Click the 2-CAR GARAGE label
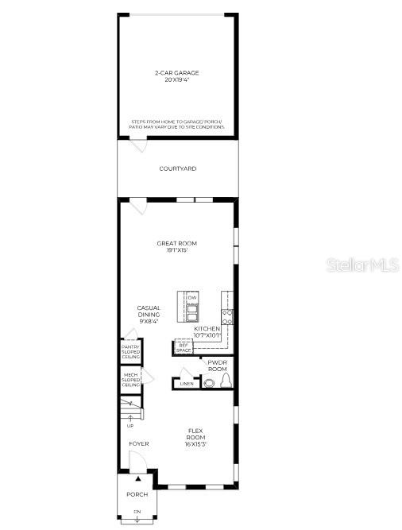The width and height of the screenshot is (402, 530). click(177, 76)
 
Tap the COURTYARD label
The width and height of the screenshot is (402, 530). click(177, 168)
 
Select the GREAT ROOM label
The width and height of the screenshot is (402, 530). click(176, 246)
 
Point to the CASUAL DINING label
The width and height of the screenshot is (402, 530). click(149, 314)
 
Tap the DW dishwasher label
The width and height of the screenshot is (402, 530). click(192, 297)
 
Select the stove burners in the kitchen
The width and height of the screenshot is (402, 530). click(227, 316)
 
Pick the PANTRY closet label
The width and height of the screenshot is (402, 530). click(130, 352)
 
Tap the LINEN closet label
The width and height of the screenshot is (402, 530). click(187, 383)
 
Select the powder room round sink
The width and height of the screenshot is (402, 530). click(209, 383)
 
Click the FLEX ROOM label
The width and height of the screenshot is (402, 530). click(195, 436)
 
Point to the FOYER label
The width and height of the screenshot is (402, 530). click(138, 444)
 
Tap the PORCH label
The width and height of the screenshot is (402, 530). click(137, 494)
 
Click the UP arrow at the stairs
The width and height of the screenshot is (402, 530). click(129, 419)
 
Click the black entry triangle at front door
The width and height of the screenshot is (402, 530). click(138, 479)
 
